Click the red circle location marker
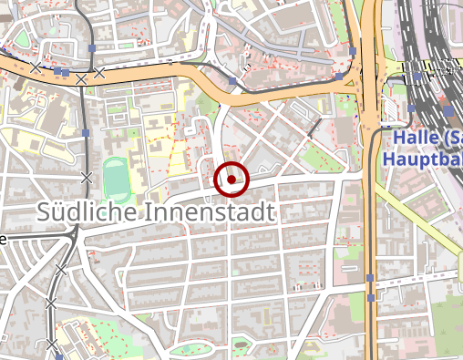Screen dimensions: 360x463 tap(231, 180)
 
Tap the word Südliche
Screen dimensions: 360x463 tap(88, 212)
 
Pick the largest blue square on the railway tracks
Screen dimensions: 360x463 tap(448, 108)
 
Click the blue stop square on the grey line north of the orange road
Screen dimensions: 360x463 tap(94, 47)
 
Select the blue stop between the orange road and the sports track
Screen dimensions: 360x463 tap(85, 133)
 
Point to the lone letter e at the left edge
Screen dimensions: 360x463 tap(4, 240)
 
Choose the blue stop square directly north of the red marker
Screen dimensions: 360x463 tap(233, 82)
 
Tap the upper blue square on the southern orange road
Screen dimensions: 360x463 tap(370, 277)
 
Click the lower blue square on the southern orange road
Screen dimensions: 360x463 tap(371, 297)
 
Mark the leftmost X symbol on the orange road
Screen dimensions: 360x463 tap(36, 67)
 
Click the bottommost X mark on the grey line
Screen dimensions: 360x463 tap(52, 344)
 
